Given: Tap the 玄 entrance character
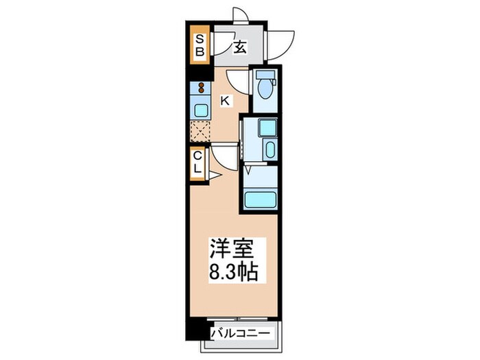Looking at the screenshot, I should point(241,47).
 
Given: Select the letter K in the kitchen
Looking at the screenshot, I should point(225,101).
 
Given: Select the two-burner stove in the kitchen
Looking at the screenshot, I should point(202,88).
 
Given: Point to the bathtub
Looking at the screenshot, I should point(261,200).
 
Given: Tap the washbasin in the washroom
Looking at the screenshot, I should point(269,151).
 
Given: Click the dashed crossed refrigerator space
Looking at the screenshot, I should point(200,130).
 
